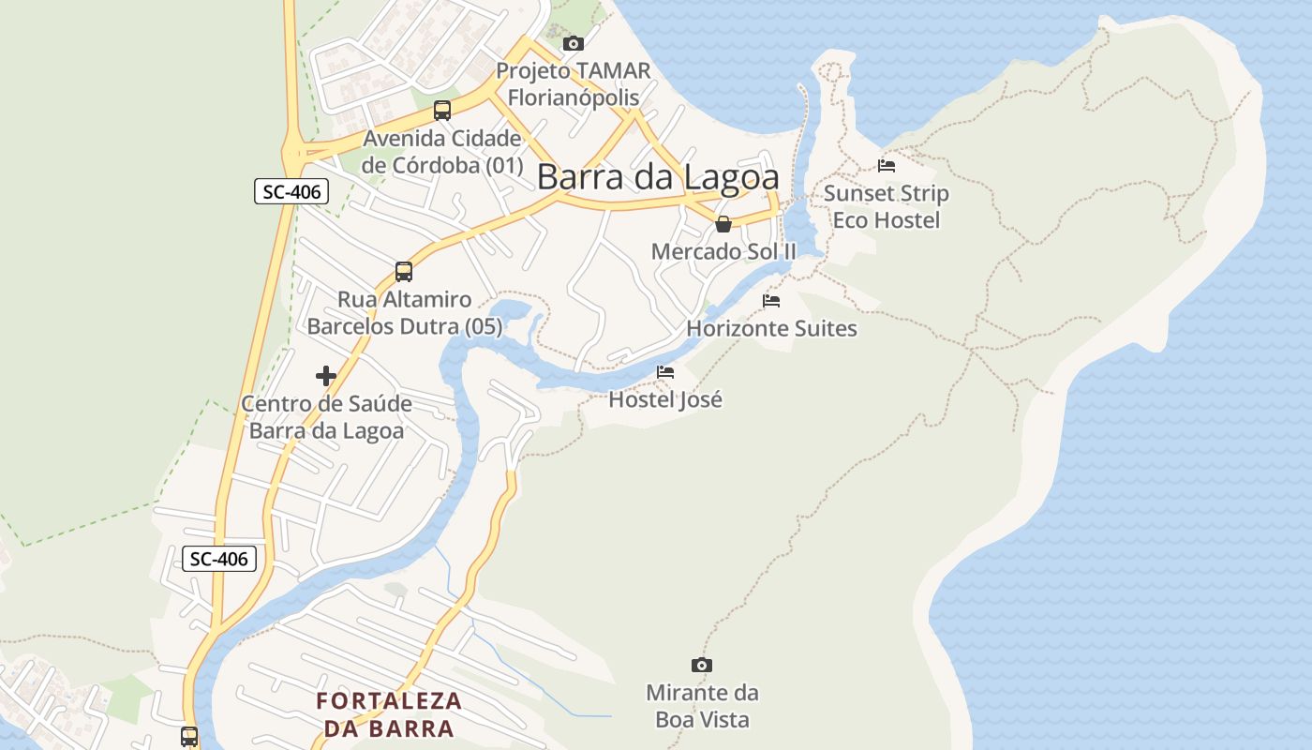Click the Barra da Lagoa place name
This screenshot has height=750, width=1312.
point(658,176)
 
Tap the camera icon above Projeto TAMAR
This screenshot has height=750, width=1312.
point(574,43)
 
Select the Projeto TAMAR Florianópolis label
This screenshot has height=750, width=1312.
point(573,84)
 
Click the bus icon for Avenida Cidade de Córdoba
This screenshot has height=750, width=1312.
point(442,111)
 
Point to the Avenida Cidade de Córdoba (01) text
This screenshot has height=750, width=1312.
point(442,152)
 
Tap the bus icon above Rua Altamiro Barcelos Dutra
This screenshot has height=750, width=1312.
point(404,272)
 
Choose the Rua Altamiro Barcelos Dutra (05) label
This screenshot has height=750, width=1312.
point(405,313)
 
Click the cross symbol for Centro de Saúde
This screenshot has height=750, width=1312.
point(326,376)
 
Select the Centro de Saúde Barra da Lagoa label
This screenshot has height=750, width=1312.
point(326,417)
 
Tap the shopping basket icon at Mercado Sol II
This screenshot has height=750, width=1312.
point(723,224)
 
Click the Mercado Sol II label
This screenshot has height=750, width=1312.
point(723,251)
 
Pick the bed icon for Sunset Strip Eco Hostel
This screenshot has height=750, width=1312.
point(887,166)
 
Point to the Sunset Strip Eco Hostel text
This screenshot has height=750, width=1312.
point(887,207)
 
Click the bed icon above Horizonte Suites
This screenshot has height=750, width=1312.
point(771,301)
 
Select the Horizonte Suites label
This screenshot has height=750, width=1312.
point(771,328)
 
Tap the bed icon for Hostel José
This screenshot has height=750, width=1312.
point(665,372)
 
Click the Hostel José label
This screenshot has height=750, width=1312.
point(665,399)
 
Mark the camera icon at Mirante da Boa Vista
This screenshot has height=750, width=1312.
point(702,665)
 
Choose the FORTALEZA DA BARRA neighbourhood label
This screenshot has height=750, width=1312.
point(389,714)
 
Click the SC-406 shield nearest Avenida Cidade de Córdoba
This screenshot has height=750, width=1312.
point(292,192)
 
